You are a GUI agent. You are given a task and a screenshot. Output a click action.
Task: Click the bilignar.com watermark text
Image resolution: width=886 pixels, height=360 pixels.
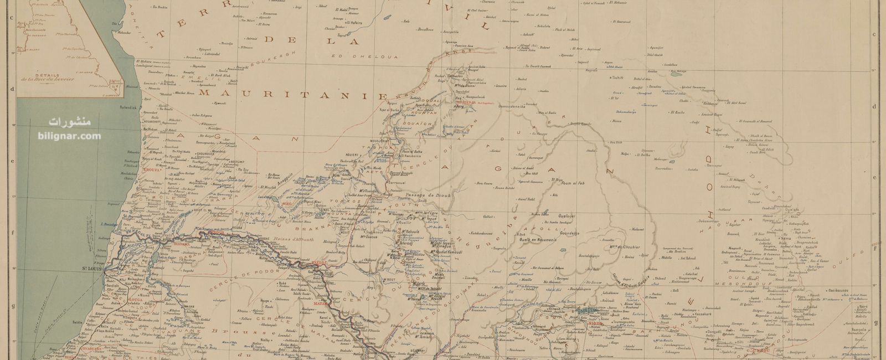pos(70,136)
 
